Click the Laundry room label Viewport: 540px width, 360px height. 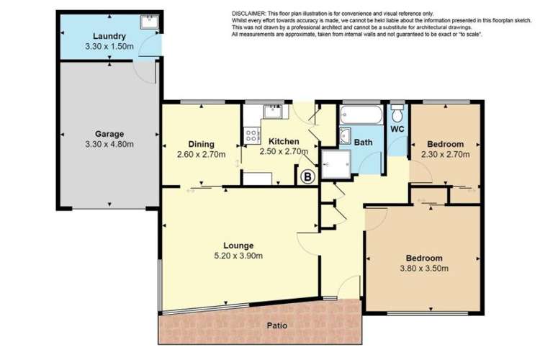point(109,36)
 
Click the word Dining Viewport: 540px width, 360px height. point(201,143)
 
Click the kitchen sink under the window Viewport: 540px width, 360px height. point(274,112)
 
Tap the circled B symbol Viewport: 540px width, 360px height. point(307,175)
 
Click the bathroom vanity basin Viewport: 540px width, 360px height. point(345,137)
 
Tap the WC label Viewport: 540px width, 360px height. point(397,130)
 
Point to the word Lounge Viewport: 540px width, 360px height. point(238,245)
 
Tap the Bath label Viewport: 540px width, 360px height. point(363,143)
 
